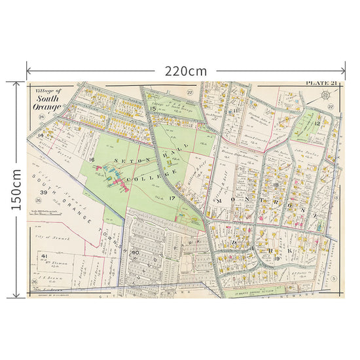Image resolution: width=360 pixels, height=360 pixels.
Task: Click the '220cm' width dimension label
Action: (186, 69)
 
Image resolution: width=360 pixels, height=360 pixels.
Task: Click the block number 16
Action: (92, 160)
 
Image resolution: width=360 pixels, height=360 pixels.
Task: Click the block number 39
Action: (43, 192)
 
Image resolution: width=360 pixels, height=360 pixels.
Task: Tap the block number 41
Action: (45, 255)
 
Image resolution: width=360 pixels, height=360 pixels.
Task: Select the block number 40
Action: (135, 252)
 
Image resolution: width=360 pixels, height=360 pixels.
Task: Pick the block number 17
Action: (172, 198)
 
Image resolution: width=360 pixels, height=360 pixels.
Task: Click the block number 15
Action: (153, 109)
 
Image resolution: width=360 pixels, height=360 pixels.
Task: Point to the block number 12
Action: (315, 123)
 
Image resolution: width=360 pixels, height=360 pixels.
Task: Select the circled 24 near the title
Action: (41, 117)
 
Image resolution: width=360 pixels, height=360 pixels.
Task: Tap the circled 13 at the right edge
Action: (335, 197)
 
